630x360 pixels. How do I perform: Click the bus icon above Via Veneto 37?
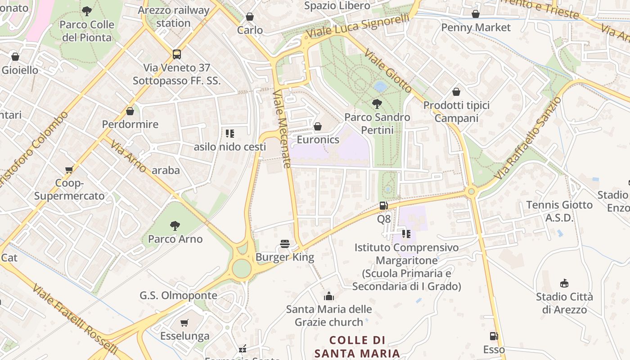pos(177,54)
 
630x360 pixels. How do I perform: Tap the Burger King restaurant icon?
pos(284,244)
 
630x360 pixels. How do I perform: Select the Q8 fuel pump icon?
pos(383,206)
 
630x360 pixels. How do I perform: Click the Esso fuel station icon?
pos(494,336)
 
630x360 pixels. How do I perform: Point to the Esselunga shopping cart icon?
pos(184,323)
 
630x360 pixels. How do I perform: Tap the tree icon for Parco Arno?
pos(175,225)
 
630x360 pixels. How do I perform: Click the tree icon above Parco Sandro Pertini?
pos(377,104)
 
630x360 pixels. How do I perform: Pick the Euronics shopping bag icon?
pos(318,126)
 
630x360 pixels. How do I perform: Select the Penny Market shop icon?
pos(476,14)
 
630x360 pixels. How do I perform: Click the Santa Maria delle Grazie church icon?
pos(329,296)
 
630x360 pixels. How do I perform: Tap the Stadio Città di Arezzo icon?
pos(564,283)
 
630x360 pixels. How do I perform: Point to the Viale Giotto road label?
pos(388,71)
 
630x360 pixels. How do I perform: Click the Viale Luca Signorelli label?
pos(358,26)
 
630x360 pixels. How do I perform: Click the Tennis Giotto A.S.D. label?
pos(559,211)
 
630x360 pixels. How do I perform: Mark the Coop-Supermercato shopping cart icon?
pos(69,170)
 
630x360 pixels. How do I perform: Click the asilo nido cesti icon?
pos(230,134)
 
